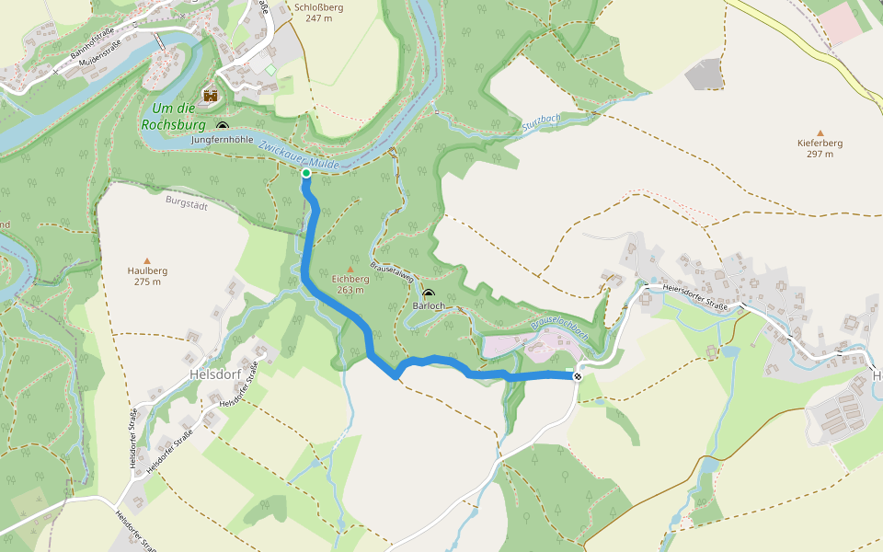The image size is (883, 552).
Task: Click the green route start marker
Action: [x=306, y=173]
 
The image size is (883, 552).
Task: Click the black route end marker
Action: [x=578, y=375]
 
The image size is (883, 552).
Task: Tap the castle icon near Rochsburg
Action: [x=211, y=95]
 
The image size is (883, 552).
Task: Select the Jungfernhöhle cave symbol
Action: [x=222, y=125]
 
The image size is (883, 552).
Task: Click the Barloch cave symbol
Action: [x=429, y=293]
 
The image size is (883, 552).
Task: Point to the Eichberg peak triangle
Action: [x=350, y=270]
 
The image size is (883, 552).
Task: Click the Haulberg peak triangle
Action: [x=146, y=261]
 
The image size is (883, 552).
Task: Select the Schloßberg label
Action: [x=318, y=7]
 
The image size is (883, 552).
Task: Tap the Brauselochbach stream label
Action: [x=558, y=326]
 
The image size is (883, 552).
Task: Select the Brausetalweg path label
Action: [x=389, y=270]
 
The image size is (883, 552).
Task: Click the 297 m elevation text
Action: [x=820, y=155]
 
